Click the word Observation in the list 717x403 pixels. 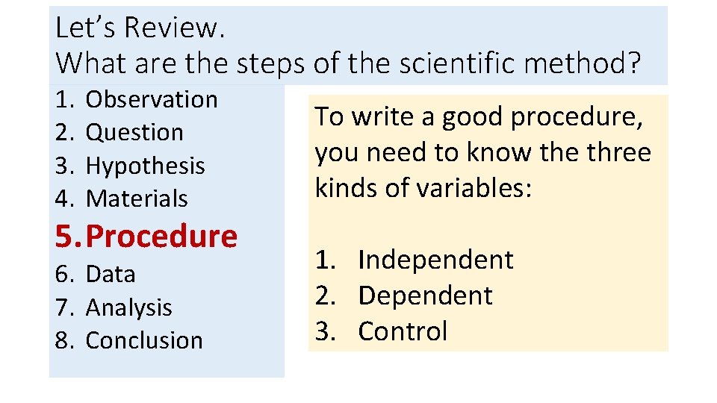pyautogui.click(x=152, y=99)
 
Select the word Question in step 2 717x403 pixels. pyautogui.click(x=134, y=132)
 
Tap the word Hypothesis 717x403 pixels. pyautogui.click(x=145, y=166)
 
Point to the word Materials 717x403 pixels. pyautogui.click(x=137, y=199)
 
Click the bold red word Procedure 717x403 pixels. pyautogui.click(x=161, y=237)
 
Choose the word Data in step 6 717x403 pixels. pyautogui.click(x=111, y=274)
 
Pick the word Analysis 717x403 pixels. pyautogui.click(x=128, y=307)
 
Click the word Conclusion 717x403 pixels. pyautogui.click(x=144, y=340)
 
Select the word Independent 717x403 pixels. pyautogui.click(x=435, y=260)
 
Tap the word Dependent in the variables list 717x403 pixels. pyautogui.click(x=425, y=296)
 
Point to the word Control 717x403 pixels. pyautogui.click(x=403, y=331)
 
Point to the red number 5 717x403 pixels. pyautogui.click(x=64, y=237)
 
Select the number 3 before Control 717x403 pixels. pyautogui.click(x=323, y=331)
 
